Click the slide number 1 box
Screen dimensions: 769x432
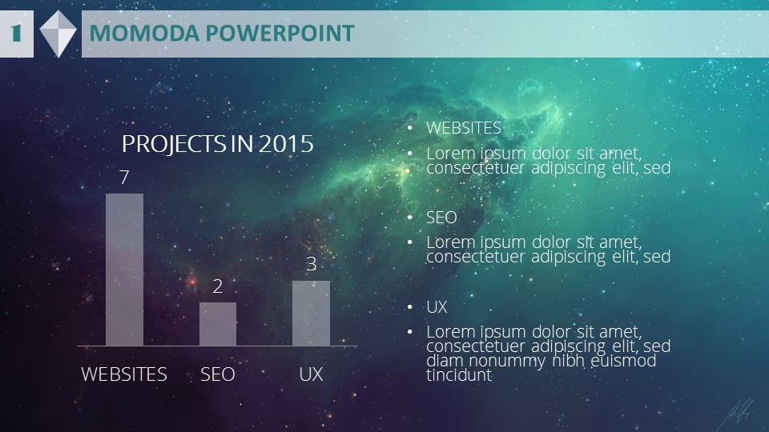[16, 34]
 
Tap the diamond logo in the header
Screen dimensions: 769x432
[58, 34]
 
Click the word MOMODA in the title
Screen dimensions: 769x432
[145, 34]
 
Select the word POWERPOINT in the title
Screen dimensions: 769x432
[280, 34]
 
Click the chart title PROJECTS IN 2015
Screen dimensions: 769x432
[217, 144]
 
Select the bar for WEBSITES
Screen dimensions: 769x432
[125, 270]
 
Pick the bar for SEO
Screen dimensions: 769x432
[218, 324]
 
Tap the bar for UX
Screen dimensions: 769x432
[311, 313]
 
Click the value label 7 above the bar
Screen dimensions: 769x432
[125, 178]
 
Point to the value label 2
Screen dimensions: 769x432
[218, 286]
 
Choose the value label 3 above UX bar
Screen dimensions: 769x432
[311, 265]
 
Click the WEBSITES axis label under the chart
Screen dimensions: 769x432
[124, 374]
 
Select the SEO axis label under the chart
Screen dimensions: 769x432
[218, 374]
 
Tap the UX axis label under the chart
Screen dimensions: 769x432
[311, 374]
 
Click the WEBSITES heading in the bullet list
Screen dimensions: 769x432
[464, 128]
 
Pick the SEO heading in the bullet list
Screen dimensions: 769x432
[441, 218]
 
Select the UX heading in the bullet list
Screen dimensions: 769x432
[437, 307]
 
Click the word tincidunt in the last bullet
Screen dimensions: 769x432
[459, 375]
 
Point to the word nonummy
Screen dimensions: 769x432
[507, 361]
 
